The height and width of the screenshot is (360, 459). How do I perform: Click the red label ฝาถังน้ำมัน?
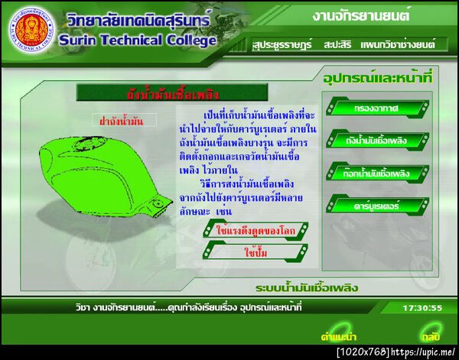122,120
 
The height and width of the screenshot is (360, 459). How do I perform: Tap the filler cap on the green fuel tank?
159,204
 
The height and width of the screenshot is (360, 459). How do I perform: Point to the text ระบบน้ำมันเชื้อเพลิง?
308,288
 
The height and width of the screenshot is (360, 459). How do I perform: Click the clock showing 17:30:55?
422,308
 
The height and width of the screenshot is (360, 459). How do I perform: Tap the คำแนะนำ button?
340,336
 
